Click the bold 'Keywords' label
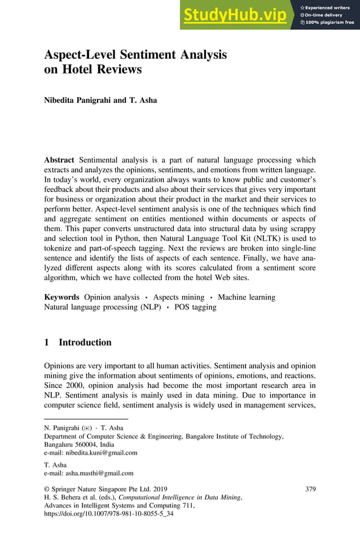click(62, 297)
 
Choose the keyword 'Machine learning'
click(247, 297)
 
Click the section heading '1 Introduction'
click(78, 342)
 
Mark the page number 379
click(310, 488)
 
